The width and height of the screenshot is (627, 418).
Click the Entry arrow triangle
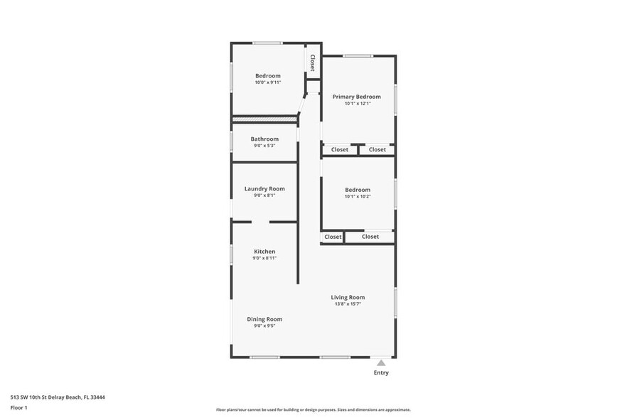(381, 363)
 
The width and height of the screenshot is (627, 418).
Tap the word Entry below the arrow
(381, 373)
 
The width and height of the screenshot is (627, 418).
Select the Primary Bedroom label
(357, 97)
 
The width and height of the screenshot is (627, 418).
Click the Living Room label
(348, 297)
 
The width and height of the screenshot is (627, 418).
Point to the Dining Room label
(264, 319)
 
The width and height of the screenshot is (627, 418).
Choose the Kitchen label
(264, 252)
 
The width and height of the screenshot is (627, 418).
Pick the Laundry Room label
(264, 188)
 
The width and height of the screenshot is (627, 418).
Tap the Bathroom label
(264, 139)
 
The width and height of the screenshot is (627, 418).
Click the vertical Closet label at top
(312, 63)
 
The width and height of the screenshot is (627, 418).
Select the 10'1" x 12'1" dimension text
(357, 104)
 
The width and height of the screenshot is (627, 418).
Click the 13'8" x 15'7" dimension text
(348, 304)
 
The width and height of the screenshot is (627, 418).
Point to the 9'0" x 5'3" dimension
(264, 146)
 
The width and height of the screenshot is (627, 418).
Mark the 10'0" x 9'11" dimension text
(268, 82)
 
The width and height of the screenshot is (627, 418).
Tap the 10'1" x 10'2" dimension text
(358, 196)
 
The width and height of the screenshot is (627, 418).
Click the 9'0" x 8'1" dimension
(264, 195)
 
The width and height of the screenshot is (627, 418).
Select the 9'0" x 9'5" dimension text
(264, 326)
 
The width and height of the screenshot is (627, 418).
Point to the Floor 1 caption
(19, 407)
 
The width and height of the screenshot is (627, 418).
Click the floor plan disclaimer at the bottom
(313, 410)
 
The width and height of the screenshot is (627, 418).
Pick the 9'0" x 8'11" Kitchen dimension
(264, 259)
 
